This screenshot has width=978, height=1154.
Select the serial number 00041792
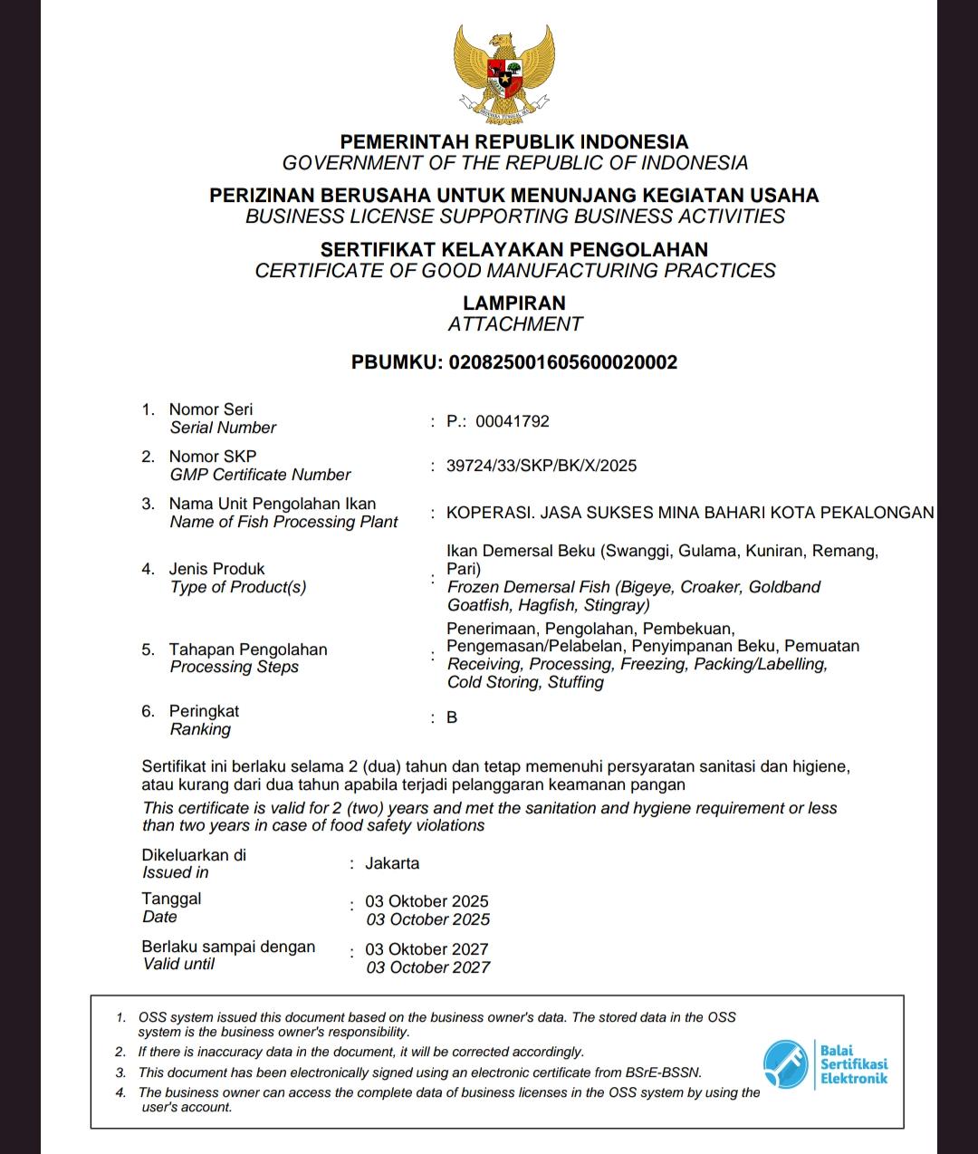[x=512, y=421]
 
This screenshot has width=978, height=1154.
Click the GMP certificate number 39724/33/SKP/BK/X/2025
[x=542, y=466]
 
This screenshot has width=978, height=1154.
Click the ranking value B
[x=452, y=717]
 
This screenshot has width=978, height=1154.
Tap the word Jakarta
[x=392, y=863]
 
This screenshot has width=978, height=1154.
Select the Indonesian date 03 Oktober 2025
[x=427, y=901]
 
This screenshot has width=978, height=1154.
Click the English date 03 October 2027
[x=427, y=967]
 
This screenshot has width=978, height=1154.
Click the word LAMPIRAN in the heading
[x=514, y=303]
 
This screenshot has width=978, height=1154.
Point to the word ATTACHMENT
[x=514, y=324]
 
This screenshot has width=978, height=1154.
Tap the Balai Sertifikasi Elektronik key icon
[x=785, y=1063]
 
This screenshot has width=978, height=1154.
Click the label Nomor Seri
[x=211, y=409]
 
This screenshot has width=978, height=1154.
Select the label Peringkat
[x=204, y=711]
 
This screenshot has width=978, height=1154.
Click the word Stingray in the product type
[x=616, y=605]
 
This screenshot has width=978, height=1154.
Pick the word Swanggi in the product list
[x=638, y=551]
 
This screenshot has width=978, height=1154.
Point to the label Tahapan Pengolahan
[x=248, y=649]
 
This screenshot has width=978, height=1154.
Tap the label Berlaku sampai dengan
[x=228, y=947]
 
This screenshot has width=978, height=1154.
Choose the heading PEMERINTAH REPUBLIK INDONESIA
[x=514, y=141]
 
